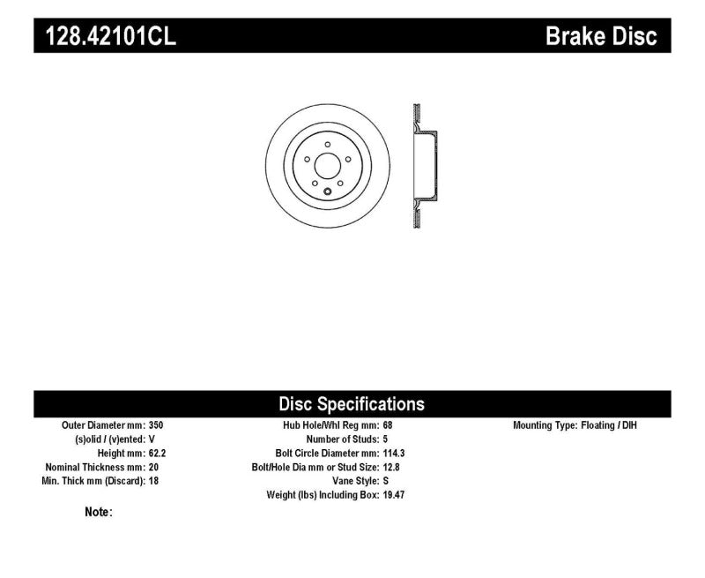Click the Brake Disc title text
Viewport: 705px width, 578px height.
point(602,36)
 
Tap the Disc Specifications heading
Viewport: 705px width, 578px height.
point(352,404)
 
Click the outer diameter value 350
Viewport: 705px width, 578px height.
point(156,425)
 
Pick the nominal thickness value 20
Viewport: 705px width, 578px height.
point(154,468)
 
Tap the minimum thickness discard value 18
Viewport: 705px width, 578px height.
point(154,482)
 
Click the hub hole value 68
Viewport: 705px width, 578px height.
point(387,425)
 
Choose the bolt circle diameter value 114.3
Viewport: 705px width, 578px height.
point(393,454)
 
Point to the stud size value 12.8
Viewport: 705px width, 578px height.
point(390,468)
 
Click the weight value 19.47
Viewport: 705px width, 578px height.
point(393,495)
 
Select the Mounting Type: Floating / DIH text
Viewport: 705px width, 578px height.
point(575,425)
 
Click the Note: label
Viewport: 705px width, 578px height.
point(98,512)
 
